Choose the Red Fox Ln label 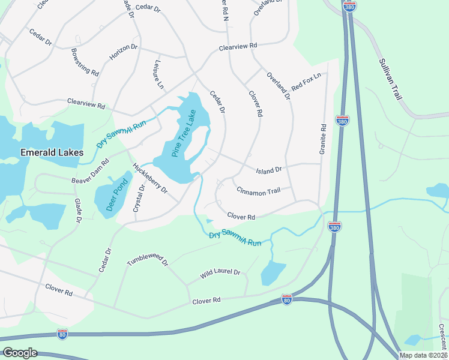307,82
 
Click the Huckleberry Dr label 150,179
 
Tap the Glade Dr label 77,211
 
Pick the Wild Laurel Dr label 220,274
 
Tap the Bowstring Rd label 85,62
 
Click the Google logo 19,353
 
